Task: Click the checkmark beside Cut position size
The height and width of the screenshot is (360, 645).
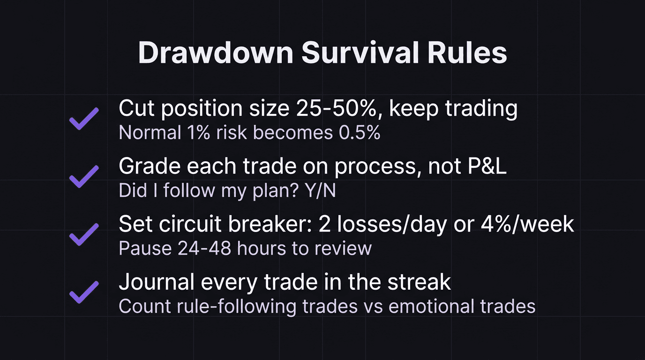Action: point(84,119)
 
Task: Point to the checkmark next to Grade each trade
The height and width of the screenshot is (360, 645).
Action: point(84,176)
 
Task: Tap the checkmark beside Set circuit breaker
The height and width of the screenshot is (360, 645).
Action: point(84,234)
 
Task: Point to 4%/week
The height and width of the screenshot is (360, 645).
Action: point(527,224)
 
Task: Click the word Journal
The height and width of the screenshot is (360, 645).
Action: point(157,282)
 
